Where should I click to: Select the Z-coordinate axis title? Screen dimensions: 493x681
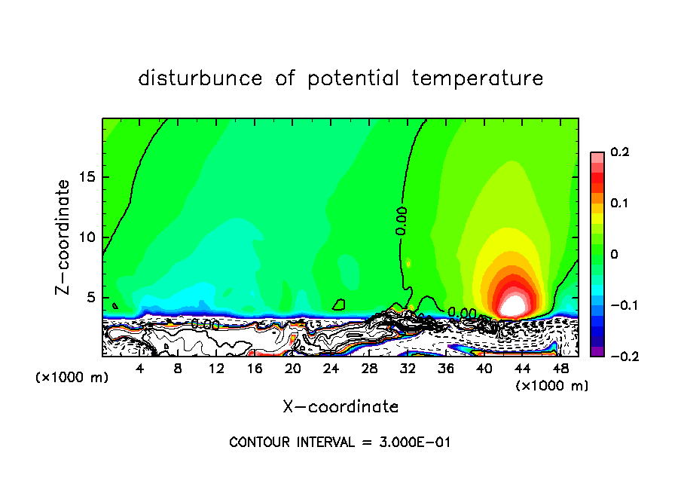pyautogui.click(x=64, y=237)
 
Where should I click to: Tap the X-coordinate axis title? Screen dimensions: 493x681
pyautogui.click(x=340, y=407)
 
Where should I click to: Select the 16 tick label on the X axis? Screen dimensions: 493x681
pyautogui.click(x=255, y=369)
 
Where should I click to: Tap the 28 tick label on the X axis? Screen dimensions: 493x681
pyautogui.click(x=369, y=369)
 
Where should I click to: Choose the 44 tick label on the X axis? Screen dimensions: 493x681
pyautogui.click(x=522, y=369)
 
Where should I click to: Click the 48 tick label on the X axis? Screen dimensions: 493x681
pyautogui.click(x=560, y=369)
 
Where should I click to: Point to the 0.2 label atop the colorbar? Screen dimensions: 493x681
pyautogui.click(x=619, y=152)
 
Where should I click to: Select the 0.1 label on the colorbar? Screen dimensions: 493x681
pyautogui.click(x=619, y=204)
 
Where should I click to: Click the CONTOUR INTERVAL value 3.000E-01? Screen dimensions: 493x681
pyautogui.click(x=414, y=442)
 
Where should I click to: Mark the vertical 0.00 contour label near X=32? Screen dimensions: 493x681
pyautogui.click(x=402, y=221)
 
